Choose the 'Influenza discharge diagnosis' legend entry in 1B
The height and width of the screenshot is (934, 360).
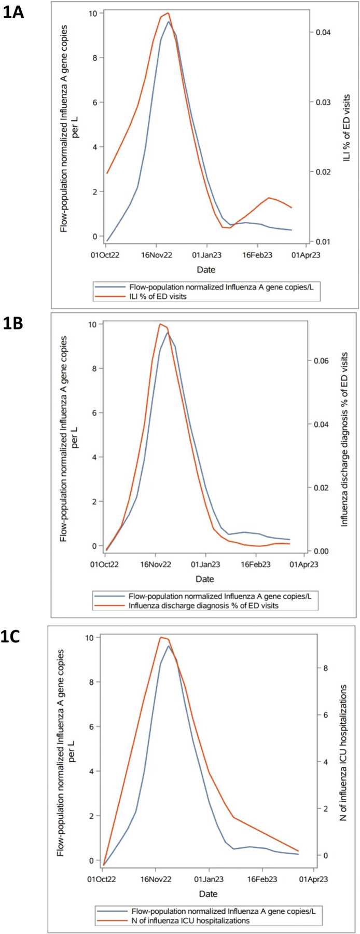point(203,606)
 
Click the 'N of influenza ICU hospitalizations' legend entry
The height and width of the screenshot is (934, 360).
point(190,921)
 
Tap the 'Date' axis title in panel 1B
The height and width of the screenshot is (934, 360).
point(205,579)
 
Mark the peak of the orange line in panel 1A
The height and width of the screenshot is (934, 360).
point(168,13)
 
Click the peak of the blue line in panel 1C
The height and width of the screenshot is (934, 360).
point(168,646)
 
